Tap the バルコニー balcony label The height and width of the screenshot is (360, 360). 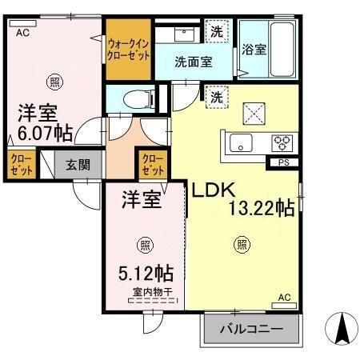pyautogui.click(x=252, y=329)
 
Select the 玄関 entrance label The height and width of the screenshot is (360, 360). pyautogui.click(x=78, y=166)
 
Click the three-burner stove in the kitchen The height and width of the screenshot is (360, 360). pyautogui.click(x=282, y=143)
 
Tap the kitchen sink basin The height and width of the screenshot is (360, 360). pyautogui.click(x=239, y=144)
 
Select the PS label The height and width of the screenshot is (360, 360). pyautogui.click(x=283, y=163)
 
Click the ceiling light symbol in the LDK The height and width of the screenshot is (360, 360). pyautogui.click(x=241, y=246)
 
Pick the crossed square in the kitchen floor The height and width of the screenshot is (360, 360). pyautogui.click(x=253, y=113)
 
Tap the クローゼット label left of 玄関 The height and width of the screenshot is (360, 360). pyautogui.click(x=21, y=166)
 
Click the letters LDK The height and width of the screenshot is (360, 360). pyautogui.click(x=211, y=191)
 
